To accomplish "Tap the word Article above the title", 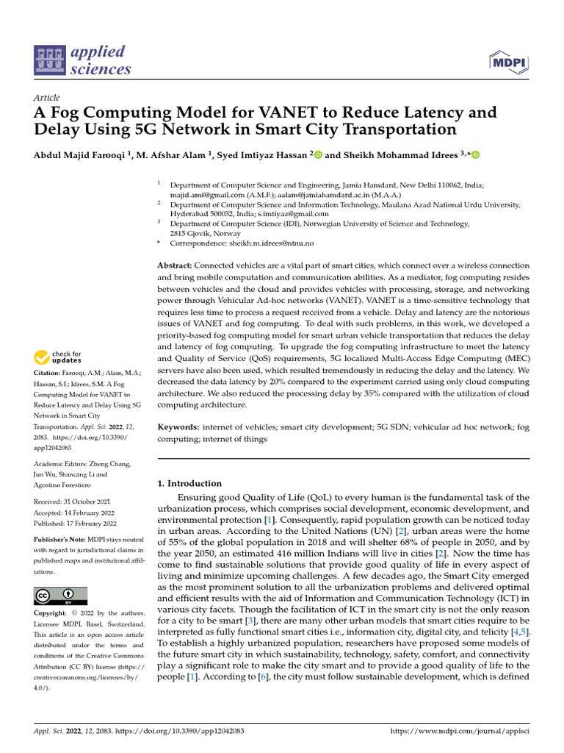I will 47,98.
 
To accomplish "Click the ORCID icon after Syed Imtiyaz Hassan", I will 319,154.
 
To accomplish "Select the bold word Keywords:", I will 178,427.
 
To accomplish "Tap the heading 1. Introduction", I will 190,483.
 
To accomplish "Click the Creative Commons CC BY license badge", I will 60,596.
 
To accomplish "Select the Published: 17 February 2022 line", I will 76,524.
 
